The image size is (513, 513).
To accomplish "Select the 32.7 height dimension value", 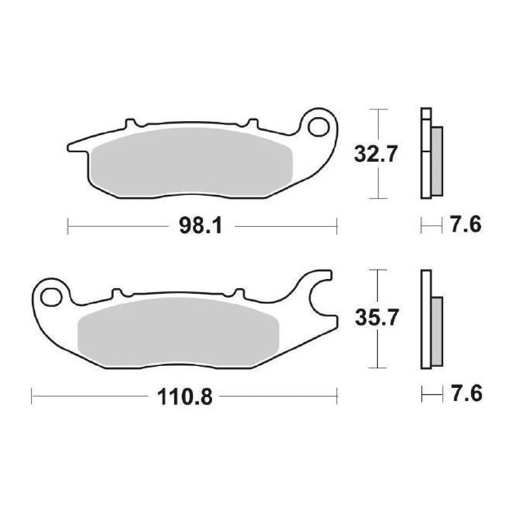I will point(376,155).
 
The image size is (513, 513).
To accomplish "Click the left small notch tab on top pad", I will point(131,123).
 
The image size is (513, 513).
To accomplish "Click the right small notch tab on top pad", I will point(252,123).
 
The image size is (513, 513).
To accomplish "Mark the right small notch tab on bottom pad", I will point(239,292).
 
